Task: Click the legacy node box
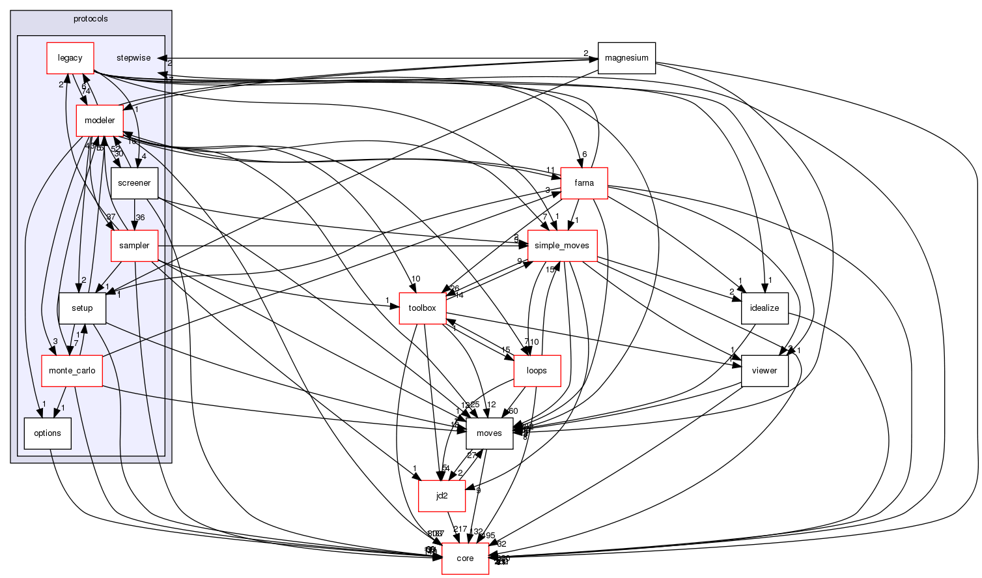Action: [x=70, y=58]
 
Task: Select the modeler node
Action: [x=99, y=121]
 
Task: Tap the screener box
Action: [x=134, y=183]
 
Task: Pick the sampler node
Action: [x=134, y=246]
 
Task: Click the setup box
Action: [x=82, y=308]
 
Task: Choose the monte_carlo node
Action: [x=72, y=371]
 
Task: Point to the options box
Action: [x=48, y=433]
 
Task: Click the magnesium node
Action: [x=626, y=58]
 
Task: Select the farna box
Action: [x=584, y=183]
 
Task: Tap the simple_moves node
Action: [x=561, y=246]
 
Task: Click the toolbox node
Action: [x=422, y=308]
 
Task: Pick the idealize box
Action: [x=765, y=308]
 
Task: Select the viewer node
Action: [x=765, y=371]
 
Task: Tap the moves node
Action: [x=489, y=433]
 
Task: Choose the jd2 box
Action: [x=442, y=496]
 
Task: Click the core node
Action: [x=465, y=558]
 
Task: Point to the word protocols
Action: [x=91, y=19]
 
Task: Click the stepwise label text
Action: [x=133, y=58]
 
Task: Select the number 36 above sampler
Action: [x=139, y=218]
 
